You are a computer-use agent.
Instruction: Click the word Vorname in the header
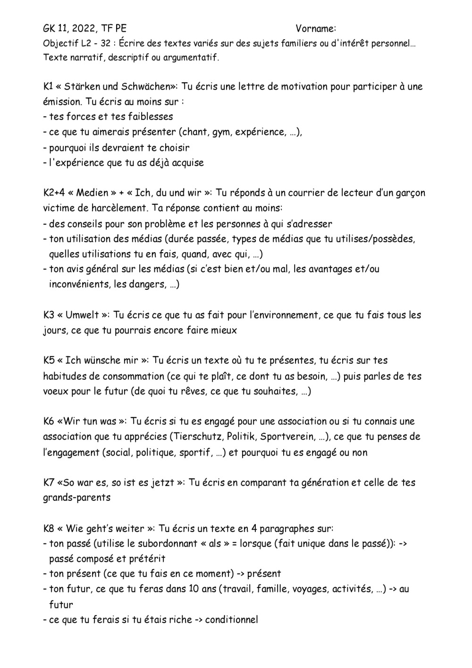pyautogui.click(x=315, y=29)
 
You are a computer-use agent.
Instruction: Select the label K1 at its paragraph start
pyautogui.click(x=48, y=86)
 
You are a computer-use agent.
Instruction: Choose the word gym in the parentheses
pyautogui.click(x=221, y=132)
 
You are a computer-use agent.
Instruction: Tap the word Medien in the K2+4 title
pyautogui.click(x=92, y=193)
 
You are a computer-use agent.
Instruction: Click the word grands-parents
pyautogui.click(x=76, y=498)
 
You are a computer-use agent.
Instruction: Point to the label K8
pyautogui.click(x=48, y=528)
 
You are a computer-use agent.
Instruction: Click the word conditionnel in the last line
pyautogui.click(x=231, y=620)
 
